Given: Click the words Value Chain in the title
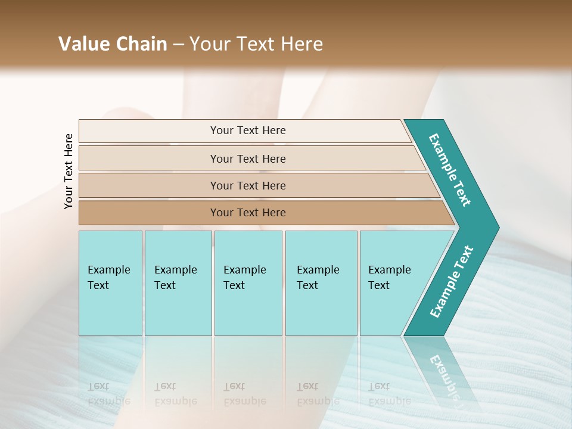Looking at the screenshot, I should click(113, 44).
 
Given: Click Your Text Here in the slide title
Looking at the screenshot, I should click(256, 44).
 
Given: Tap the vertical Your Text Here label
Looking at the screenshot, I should click(69, 171).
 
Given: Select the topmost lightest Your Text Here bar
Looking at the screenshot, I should click(248, 130).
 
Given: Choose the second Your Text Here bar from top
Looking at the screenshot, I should click(248, 158).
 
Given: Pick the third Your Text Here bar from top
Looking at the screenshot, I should click(248, 185).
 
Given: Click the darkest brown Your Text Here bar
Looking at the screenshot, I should click(248, 213).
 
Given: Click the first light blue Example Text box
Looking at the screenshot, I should click(110, 283).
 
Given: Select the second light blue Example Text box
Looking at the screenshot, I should click(178, 283).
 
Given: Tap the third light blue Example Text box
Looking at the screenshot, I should click(248, 283).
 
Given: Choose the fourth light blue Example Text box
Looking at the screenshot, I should click(321, 283).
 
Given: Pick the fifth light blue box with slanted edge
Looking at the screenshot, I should click(393, 283).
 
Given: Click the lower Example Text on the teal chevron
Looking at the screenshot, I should click(452, 281).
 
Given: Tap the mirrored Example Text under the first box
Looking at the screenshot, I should click(108, 394).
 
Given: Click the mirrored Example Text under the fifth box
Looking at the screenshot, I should click(389, 394).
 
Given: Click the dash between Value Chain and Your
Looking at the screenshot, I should click(178, 45).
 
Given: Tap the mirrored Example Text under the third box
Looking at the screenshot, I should click(244, 394).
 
